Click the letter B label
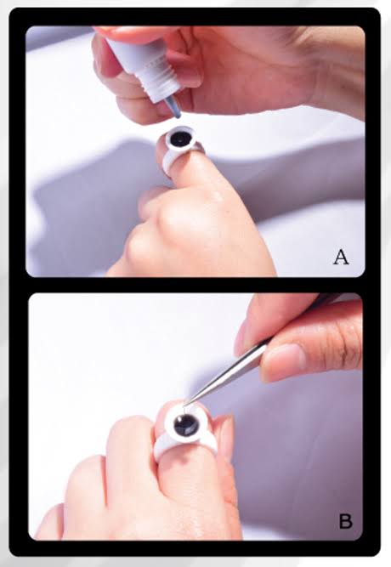(x=345, y=519)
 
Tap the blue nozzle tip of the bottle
(x=173, y=107)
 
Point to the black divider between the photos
(x=195, y=285)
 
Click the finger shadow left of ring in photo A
(x=102, y=183)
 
